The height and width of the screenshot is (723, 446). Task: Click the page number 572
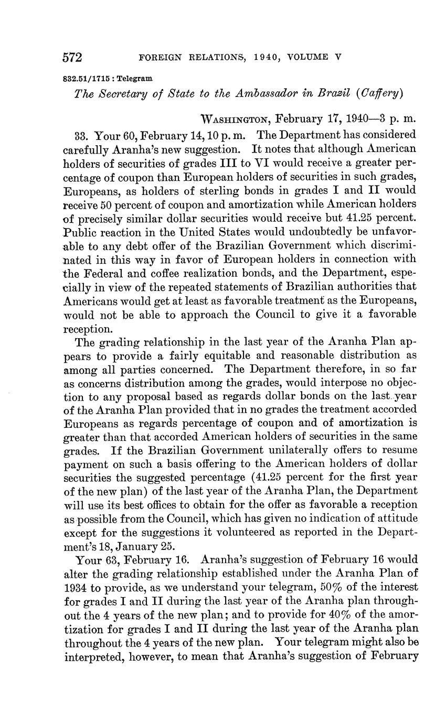(74, 57)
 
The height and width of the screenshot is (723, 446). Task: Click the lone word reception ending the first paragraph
(88, 329)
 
